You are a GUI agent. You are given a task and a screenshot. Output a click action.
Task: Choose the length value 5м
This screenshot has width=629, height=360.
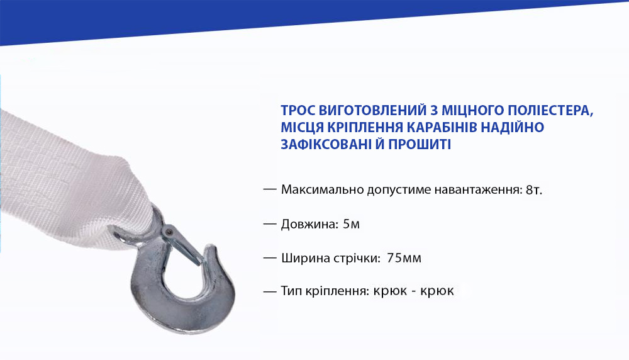(x=352, y=224)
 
